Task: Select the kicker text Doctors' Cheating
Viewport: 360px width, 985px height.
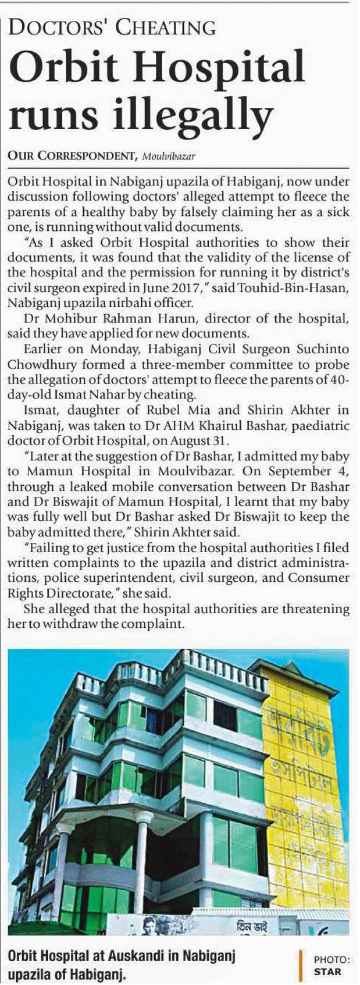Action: (x=111, y=27)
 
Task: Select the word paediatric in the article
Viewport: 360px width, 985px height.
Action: (x=317, y=425)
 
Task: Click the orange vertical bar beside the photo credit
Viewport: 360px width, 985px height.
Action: (x=300, y=965)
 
